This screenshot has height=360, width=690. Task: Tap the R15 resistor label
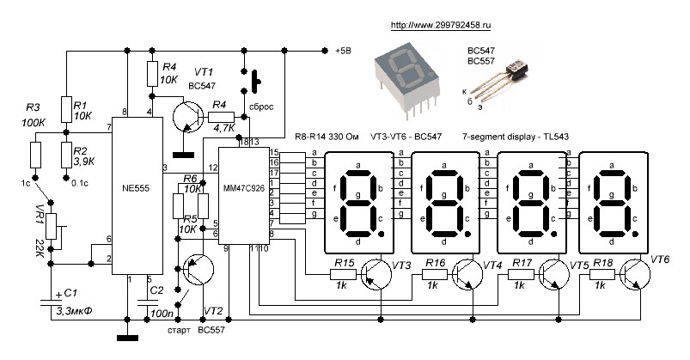(343, 262)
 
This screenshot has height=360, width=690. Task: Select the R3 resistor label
(34, 108)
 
